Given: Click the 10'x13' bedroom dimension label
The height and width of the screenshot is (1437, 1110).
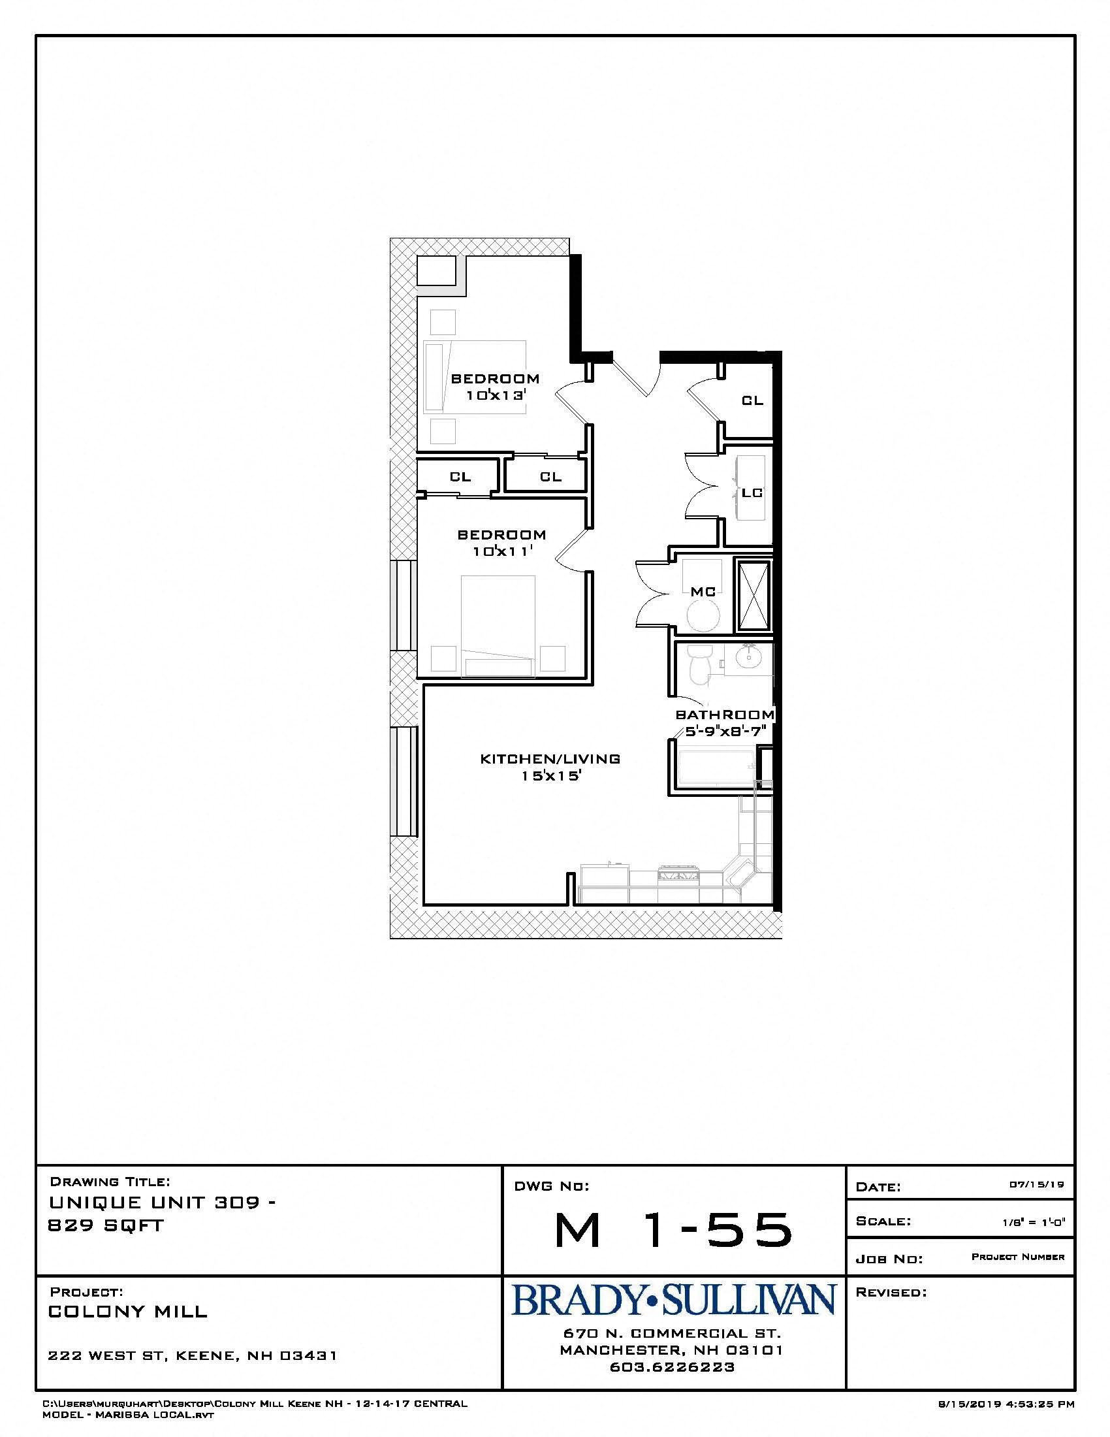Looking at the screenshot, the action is [x=497, y=395].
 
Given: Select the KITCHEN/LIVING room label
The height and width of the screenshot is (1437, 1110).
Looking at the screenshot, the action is [x=550, y=758].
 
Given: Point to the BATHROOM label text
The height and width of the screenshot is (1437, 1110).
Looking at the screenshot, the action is [x=725, y=715].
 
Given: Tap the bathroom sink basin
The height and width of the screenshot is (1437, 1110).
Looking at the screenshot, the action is [x=748, y=656].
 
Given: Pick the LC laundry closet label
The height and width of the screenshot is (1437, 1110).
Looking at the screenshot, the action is [x=752, y=492].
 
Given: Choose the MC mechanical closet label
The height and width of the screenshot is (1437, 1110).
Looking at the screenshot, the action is [x=703, y=592].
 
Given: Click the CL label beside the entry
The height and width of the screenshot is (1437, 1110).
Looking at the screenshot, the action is [x=753, y=400].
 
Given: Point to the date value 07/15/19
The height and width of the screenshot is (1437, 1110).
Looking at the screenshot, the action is [x=1036, y=1184].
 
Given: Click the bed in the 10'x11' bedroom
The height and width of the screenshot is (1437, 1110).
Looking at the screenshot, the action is [x=498, y=625].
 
